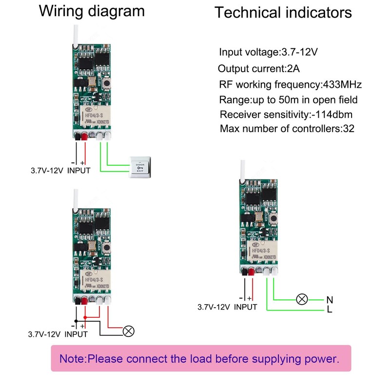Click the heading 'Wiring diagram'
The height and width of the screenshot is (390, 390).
[x=92, y=11]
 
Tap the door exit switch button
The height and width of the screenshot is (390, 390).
[x=140, y=168]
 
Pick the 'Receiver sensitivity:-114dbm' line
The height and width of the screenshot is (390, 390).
[x=286, y=115]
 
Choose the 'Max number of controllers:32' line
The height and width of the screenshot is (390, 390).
[x=287, y=129]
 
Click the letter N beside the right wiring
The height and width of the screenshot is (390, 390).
[x=329, y=299]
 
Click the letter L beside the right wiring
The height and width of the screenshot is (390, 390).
[x=329, y=310]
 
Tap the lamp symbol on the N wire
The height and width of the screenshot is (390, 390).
[x=302, y=299]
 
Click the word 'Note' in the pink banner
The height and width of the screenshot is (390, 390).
[x=72, y=359]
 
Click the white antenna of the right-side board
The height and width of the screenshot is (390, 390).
[x=241, y=168]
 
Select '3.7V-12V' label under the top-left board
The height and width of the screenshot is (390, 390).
[x=46, y=171]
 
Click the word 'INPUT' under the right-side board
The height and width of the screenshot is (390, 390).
[x=245, y=307]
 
